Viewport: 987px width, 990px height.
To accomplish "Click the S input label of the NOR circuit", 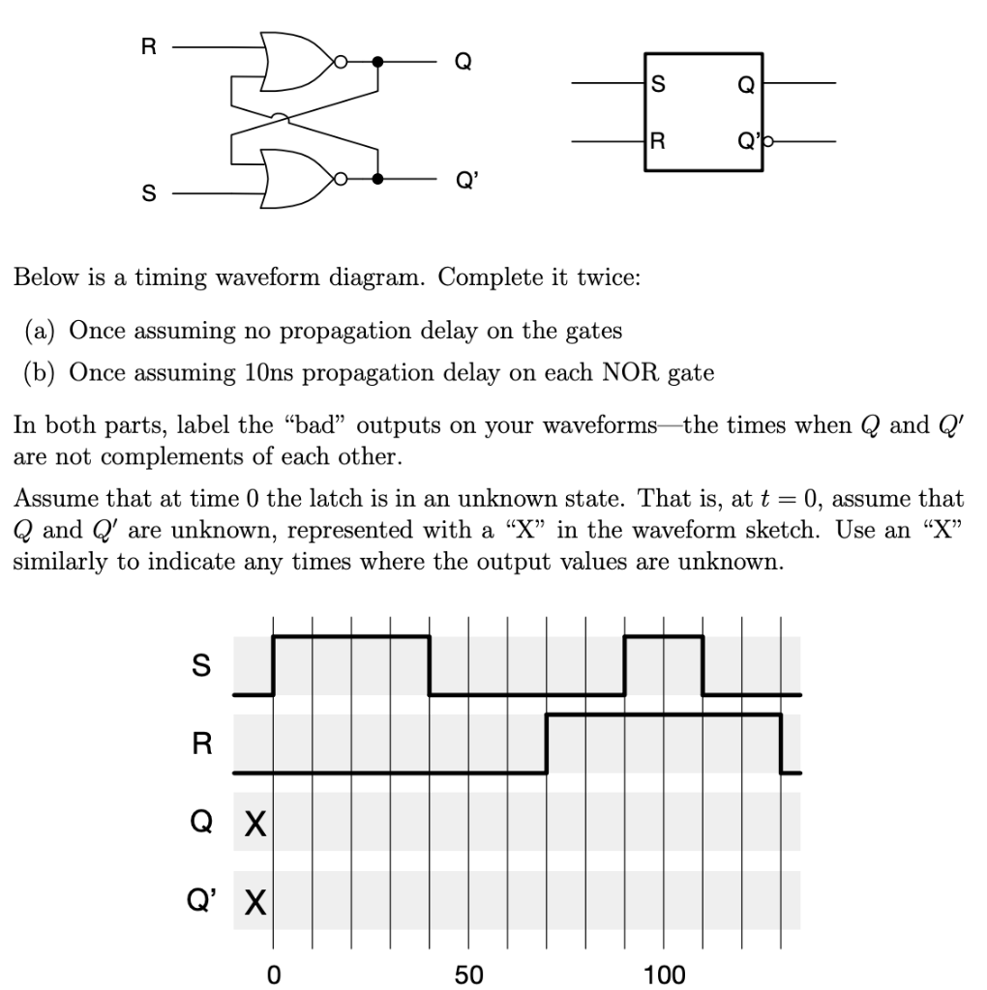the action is [148, 194].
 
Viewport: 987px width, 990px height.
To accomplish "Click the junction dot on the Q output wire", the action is [378, 62].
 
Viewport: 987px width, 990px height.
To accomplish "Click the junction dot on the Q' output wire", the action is [378, 179].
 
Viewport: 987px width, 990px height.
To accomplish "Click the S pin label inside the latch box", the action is [659, 84].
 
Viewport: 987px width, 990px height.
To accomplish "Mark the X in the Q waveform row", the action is [254, 825].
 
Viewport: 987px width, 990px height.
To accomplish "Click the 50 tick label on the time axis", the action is [469, 974].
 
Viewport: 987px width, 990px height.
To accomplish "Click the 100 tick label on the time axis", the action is [664, 974].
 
